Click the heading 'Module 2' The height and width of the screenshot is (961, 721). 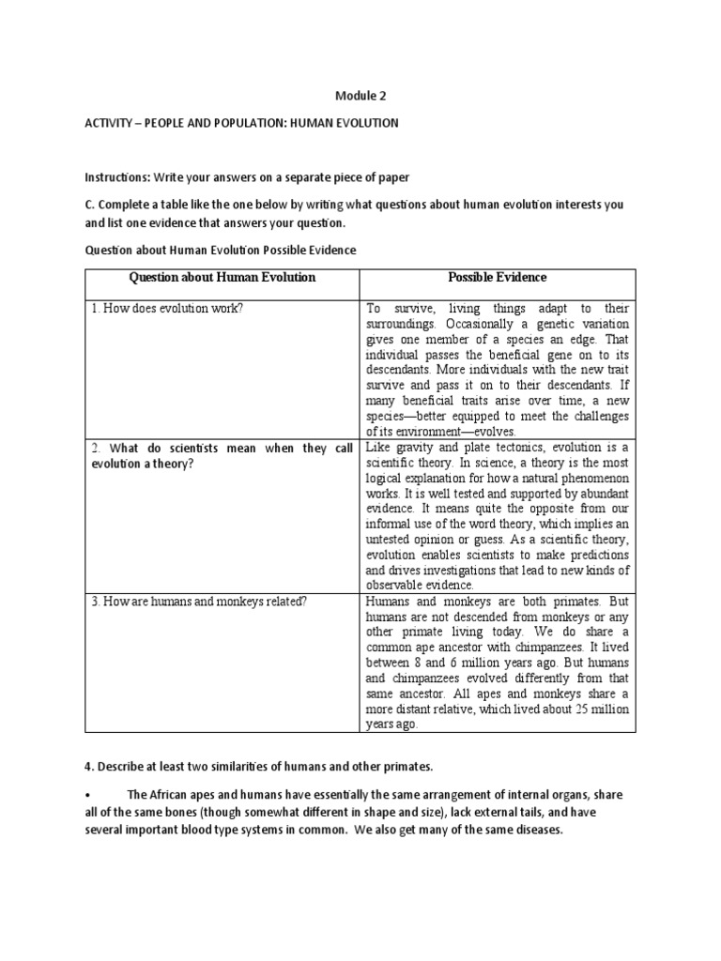click(x=360, y=96)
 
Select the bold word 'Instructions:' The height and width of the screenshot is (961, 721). click(x=116, y=177)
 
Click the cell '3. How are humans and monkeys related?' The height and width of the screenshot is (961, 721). click(x=199, y=602)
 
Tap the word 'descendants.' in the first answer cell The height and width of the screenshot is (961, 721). click(x=402, y=370)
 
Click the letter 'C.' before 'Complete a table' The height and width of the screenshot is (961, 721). click(x=90, y=205)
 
